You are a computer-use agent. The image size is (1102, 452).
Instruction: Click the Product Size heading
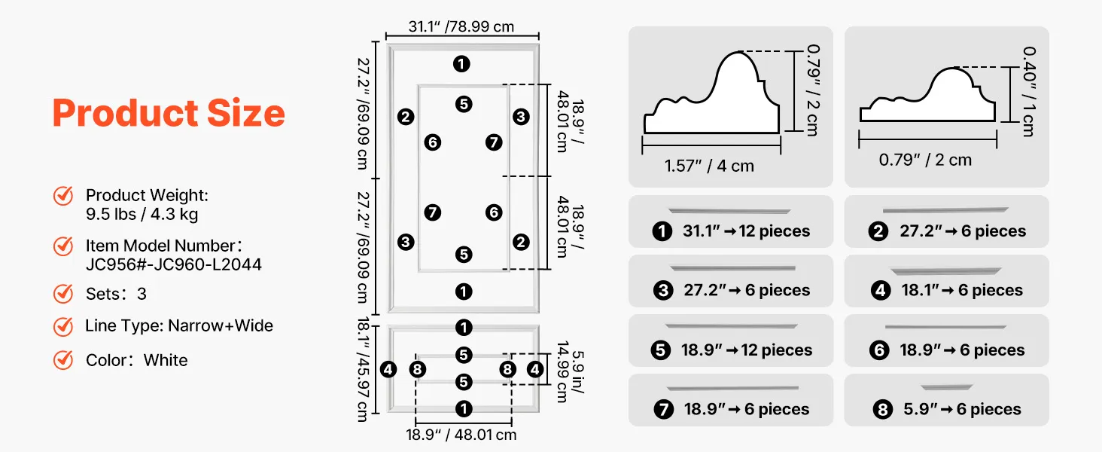click(169, 113)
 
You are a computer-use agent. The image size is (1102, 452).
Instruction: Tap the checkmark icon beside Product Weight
click(63, 196)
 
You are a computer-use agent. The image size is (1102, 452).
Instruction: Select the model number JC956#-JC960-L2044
click(174, 264)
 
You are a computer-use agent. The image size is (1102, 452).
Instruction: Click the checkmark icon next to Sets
click(63, 293)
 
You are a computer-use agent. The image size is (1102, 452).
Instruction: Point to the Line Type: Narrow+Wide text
click(179, 326)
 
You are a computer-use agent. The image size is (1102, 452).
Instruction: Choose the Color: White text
click(136, 360)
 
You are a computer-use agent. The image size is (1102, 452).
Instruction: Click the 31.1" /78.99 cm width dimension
click(461, 26)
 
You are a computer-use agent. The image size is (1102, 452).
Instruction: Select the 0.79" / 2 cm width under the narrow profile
click(925, 160)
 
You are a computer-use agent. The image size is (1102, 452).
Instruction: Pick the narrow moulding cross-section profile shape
click(927, 98)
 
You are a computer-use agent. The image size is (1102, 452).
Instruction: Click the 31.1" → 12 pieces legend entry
click(731, 231)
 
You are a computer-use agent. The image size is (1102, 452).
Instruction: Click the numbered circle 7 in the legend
click(663, 410)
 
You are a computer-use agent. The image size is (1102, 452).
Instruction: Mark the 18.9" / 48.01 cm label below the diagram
click(461, 435)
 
